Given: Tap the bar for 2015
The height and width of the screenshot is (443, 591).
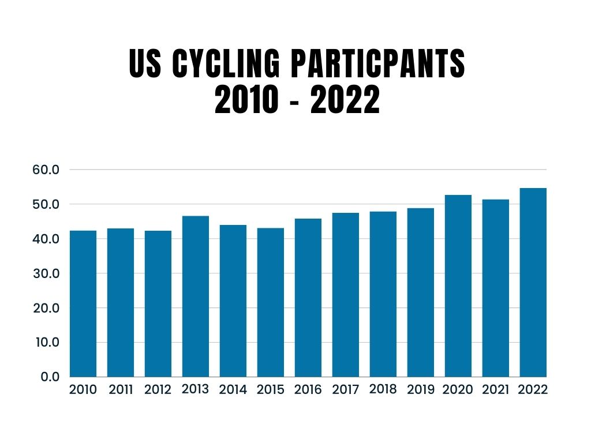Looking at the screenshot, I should pyautogui.click(x=271, y=302).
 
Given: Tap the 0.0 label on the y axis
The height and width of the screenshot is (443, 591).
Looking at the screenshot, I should pyautogui.click(x=50, y=377).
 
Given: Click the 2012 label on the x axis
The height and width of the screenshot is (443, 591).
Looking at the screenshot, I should pyautogui.click(x=158, y=390).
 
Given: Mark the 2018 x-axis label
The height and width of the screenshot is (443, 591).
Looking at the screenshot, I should pyautogui.click(x=383, y=389).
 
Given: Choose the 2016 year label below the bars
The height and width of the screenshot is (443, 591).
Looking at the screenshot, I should pyautogui.click(x=308, y=390).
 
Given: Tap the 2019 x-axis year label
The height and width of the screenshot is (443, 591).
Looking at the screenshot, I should pyautogui.click(x=421, y=390).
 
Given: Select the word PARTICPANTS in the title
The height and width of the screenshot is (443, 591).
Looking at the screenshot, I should pyautogui.click(x=379, y=64).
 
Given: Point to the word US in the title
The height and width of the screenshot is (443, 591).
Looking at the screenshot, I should pyautogui.click(x=145, y=64).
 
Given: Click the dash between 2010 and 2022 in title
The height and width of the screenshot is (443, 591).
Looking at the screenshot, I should pyautogui.click(x=295, y=102).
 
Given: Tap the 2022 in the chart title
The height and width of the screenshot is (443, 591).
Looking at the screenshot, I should pyautogui.click(x=345, y=101).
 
